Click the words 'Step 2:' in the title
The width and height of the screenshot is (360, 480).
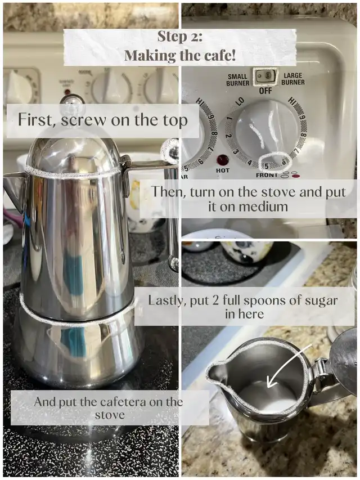tap(179, 37)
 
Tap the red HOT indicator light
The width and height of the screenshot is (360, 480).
tap(223, 160)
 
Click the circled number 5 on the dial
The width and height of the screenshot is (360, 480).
tap(266, 166)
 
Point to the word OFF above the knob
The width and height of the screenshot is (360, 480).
tap(265, 91)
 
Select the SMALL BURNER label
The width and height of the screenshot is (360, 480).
tap(237, 79)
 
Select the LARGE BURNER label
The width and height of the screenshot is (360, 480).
tap(293, 79)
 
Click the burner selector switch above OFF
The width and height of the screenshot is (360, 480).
tap(265, 76)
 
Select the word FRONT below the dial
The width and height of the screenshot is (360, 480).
tap(266, 175)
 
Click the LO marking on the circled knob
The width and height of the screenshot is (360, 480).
tap(240, 101)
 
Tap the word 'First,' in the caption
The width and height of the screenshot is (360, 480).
tap(37, 119)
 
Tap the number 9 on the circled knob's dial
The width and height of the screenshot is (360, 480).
tap(301, 117)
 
